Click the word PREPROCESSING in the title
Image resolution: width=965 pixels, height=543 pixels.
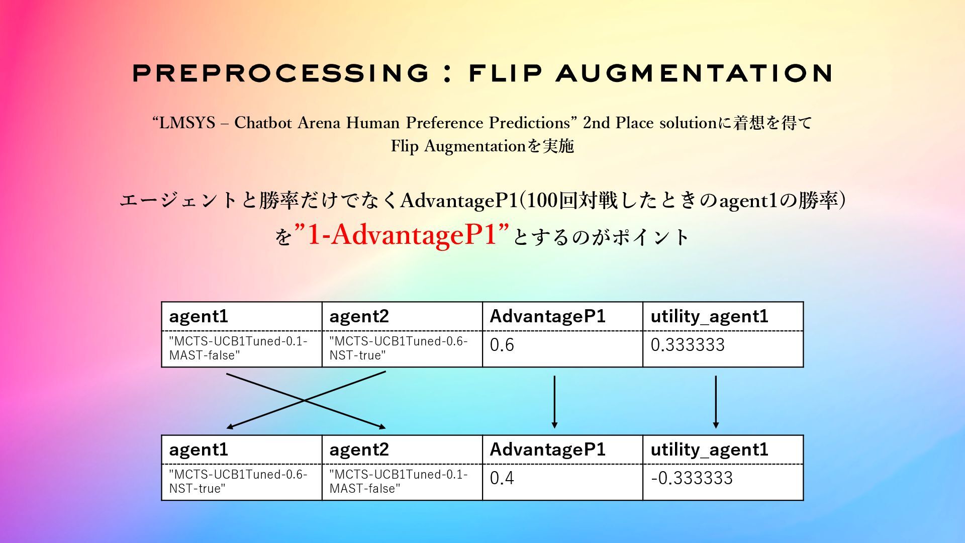coord(280,73)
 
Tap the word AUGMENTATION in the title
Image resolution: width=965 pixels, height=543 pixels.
coord(695,73)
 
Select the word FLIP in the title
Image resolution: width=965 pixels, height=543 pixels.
coord(506,73)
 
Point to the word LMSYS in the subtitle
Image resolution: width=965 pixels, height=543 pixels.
coord(187,123)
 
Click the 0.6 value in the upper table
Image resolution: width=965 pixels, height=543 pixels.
coord(502,345)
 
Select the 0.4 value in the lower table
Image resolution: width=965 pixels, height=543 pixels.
coord(502,478)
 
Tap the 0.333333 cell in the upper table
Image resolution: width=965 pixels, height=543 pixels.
coord(687,345)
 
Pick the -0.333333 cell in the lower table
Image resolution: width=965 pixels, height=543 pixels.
coord(691,478)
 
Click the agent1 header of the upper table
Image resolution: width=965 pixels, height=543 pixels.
coord(199,316)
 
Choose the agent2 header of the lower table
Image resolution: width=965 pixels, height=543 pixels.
coord(359,449)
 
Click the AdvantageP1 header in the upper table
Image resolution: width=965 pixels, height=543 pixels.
coord(547,316)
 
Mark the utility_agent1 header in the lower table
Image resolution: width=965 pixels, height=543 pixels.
coord(709,449)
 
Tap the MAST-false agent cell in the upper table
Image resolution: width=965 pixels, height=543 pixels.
coord(238,348)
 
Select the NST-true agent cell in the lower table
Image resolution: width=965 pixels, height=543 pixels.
coord(238,482)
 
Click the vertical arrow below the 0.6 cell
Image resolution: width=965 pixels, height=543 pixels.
coord(554,401)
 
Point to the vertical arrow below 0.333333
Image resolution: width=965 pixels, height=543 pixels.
coord(716,401)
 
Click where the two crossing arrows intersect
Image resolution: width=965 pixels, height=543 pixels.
coord(305,401)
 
